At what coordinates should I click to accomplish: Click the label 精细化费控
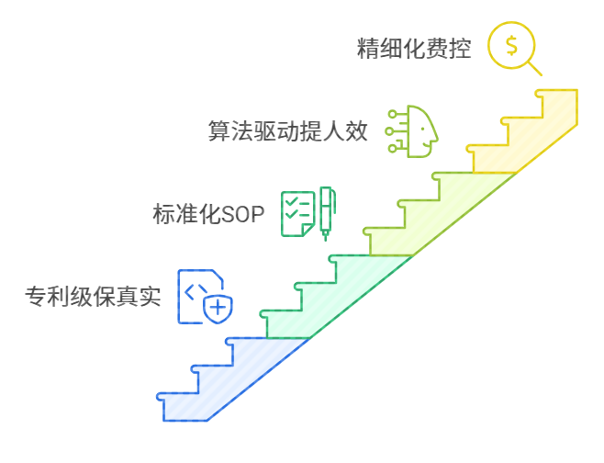414,49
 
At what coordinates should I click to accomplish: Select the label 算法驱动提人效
288,131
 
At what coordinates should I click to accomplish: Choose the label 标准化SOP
207,214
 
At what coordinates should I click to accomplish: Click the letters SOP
242,215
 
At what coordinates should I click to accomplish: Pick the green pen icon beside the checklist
327,212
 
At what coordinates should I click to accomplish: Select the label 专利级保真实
93,297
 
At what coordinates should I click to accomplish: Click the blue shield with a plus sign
218,308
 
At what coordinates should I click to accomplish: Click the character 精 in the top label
368,49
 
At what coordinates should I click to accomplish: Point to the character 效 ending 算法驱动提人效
357,131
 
